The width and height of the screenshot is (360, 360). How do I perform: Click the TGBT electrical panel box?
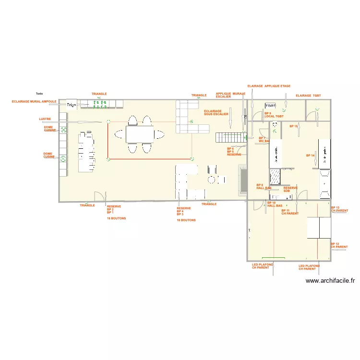pyautogui.click(x=270, y=105)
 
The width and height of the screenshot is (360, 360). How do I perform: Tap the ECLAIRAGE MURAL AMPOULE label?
pyautogui.click(x=35, y=102)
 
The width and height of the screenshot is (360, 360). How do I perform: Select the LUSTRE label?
pyautogui.click(x=45, y=119)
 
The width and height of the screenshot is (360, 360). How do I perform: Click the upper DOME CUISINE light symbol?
pyautogui.click(x=63, y=130)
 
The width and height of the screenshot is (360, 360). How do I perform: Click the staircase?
pyautogui.click(x=229, y=138)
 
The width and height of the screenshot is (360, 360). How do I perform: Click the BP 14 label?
pyautogui.click(x=310, y=156)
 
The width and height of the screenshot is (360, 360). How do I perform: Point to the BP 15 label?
pyautogui.click(x=294, y=126)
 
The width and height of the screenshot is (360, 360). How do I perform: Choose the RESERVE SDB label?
pyautogui.click(x=290, y=189)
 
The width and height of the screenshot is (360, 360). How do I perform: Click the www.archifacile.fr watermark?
pyautogui.click(x=330, y=281)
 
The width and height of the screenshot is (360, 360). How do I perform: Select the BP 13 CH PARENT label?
pyautogui.click(x=339, y=209)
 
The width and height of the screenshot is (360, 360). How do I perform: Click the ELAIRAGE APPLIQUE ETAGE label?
pyautogui.click(x=269, y=86)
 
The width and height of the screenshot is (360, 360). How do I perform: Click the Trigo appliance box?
pyautogui.click(x=72, y=105)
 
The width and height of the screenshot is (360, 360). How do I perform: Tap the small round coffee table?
pyautogui.click(x=211, y=180)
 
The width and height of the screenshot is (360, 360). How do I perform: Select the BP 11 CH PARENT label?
pyautogui.click(x=289, y=212)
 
